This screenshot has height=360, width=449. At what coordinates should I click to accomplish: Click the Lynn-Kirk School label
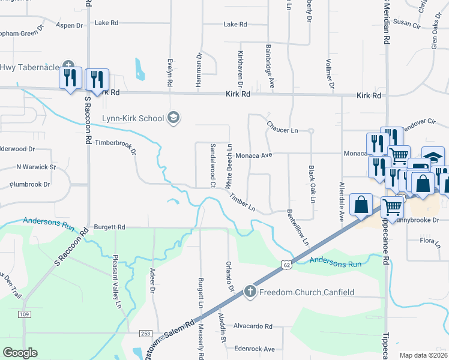132,118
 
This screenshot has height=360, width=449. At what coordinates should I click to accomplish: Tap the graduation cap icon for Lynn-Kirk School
173,117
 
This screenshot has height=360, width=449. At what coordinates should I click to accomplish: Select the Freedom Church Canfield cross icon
250,292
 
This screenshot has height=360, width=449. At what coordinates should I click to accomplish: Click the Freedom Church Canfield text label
306,293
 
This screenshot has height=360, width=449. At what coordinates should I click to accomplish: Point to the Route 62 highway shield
285,264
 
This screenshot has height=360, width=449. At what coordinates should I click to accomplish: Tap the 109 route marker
25,314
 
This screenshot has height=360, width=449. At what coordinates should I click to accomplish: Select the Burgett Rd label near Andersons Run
109,227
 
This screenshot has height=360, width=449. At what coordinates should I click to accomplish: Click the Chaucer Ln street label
282,130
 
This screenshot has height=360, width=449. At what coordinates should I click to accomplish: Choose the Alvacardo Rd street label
253,326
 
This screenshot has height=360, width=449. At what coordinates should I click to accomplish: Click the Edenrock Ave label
255,349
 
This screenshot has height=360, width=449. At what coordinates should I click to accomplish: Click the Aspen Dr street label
69,25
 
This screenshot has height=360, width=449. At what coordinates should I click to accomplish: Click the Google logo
20,352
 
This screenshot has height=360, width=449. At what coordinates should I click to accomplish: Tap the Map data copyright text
423,355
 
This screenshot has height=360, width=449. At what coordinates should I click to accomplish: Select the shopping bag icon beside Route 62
362,205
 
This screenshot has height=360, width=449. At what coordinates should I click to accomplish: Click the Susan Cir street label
407,24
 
